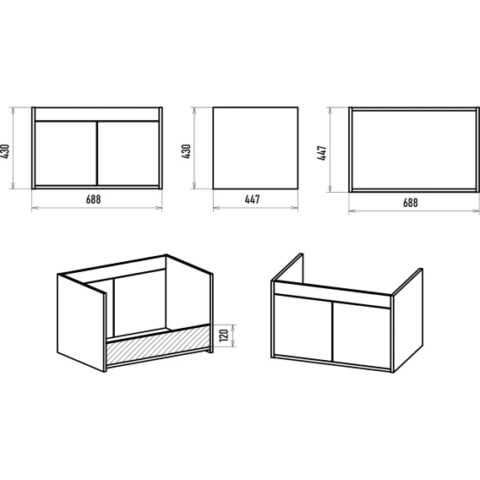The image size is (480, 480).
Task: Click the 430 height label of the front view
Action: tap(5, 151)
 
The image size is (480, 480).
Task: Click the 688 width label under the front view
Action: tap(93, 199)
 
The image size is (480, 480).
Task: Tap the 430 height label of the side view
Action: tap(186, 151)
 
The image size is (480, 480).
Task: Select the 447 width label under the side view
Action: tap(252, 199)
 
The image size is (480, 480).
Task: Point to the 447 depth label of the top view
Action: tap(322, 153)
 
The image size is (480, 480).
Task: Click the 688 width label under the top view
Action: tap(410, 203)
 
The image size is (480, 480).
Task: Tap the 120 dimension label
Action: tap(224, 335)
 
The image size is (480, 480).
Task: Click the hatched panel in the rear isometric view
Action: tap(158, 344)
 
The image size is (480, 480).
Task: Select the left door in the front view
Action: tap(66, 154)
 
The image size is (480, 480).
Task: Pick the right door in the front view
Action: tap(128, 154)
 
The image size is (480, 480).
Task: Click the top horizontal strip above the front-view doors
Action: tap(97, 114)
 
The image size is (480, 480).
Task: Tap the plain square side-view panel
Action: tap(255, 148)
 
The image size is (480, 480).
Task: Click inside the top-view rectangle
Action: tap(414, 150)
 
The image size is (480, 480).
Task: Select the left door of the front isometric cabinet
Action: tap(303, 328)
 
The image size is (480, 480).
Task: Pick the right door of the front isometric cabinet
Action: tap(362, 335)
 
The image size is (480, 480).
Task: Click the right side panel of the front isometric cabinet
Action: tap(407, 320)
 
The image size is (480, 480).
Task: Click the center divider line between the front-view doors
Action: tap(97, 154)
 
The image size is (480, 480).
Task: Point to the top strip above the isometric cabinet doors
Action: tap(332, 294)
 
